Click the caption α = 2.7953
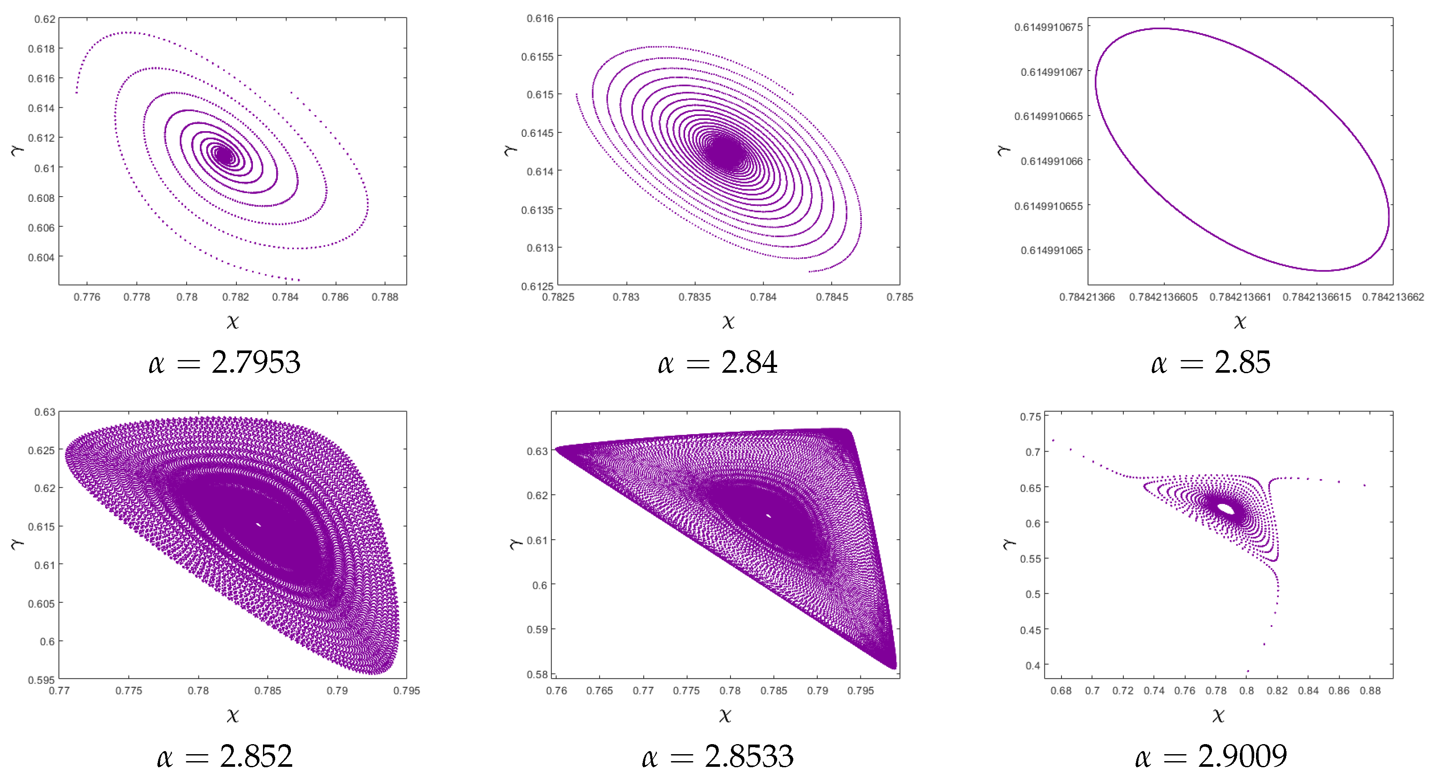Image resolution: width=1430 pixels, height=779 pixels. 225,363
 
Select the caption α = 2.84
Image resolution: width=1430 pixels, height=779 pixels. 717,363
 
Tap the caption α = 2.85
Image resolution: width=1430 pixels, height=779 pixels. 1211,363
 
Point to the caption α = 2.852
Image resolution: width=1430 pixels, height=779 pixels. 225,756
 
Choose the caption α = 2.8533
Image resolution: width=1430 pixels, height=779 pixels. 717,756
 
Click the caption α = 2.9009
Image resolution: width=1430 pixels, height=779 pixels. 1211,756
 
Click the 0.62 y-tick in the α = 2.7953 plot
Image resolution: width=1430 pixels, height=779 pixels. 45,20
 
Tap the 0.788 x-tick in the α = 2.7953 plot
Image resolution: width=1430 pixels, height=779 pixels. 385,297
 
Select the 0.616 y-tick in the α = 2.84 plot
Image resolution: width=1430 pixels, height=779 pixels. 540,19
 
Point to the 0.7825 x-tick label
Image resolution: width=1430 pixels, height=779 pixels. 558,297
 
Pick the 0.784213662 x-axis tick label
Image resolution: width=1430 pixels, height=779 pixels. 1393,297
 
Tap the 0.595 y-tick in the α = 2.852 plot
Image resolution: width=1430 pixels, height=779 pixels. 41,680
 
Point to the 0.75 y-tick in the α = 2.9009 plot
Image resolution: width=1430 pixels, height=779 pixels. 1031,417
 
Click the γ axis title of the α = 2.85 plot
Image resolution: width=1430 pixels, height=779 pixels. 1003,150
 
